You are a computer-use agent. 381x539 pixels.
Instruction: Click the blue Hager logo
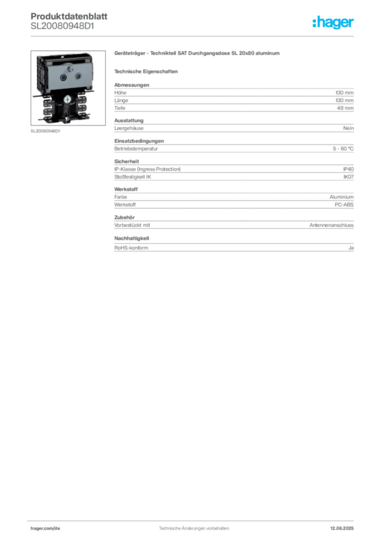coord(334,23)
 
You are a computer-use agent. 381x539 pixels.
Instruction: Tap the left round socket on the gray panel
coord(64,77)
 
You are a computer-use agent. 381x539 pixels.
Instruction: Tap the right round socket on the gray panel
coord(78,77)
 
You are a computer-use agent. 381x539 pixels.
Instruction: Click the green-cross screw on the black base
coord(67,98)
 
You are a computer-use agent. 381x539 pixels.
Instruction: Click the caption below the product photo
coord(46,132)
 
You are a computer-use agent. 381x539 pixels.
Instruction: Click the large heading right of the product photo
coord(198,54)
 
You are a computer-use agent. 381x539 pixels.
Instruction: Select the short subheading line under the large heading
coord(147,71)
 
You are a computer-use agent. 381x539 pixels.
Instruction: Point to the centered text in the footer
coord(193,526)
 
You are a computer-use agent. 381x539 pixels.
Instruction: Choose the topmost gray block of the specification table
coord(234,97)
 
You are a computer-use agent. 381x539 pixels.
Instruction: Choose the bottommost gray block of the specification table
coord(234,246)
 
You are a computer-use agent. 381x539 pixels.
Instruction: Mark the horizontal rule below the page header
coord(194,36)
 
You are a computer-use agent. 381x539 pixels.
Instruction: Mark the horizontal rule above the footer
coord(194,519)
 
